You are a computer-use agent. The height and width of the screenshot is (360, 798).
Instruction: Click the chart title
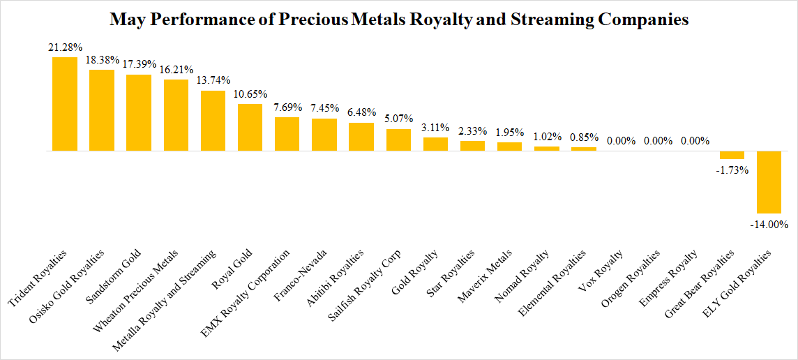(x=399, y=20)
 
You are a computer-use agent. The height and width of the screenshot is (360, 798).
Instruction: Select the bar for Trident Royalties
(x=65, y=104)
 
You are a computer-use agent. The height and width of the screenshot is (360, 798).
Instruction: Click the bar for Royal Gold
(x=250, y=127)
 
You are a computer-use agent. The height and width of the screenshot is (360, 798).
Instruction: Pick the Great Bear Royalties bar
(x=732, y=155)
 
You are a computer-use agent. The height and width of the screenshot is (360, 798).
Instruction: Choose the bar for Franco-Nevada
(x=324, y=135)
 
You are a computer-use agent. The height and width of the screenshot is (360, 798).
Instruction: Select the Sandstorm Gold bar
(x=139, y=112)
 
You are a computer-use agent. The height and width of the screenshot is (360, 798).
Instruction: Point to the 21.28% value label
(x=65, y=47)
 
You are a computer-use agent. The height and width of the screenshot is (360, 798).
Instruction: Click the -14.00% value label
(x=770, y=224)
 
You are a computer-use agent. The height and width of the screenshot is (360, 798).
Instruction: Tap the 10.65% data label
(x=250, y=94)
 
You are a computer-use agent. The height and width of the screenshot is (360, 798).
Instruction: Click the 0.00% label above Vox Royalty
(x=621, y=141)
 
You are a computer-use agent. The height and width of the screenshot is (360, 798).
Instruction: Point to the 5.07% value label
(x=398, y=119)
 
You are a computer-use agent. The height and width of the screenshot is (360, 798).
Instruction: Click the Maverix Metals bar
(x=509, y=147)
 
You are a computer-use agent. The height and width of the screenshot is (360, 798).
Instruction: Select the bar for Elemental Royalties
(x=583, y=149)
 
